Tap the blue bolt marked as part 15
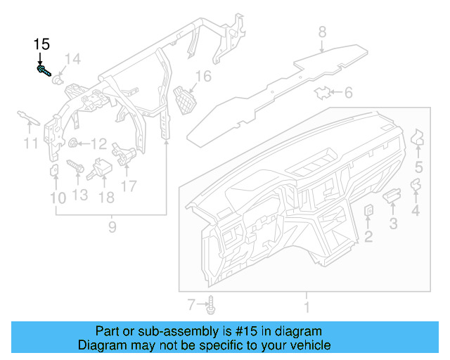click(44, 70)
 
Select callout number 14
click(73, 58)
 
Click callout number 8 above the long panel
click(322, 32)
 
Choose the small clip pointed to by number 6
click(323, 92)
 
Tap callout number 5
click(418, 167)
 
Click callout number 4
click(416, 210)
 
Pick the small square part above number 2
click(368, 211)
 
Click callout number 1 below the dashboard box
click(306, 307)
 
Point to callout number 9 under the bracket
click(111, 227)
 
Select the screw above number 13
click(76, 168)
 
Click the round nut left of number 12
click(72, 144)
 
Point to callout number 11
click(29, 144)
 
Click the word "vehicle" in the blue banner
click(305, 345)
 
